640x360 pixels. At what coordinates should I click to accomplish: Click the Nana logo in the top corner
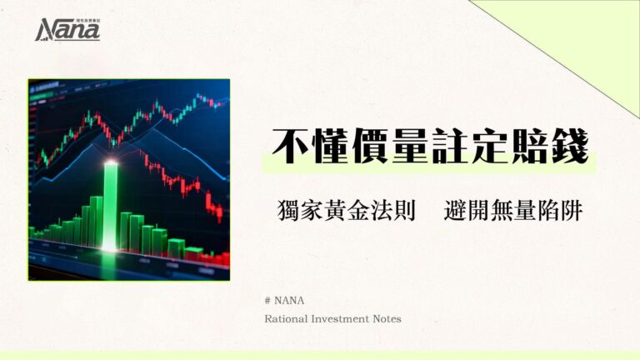[x=67, y=30]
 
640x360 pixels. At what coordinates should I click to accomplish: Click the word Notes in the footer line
[x=390, y=318]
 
